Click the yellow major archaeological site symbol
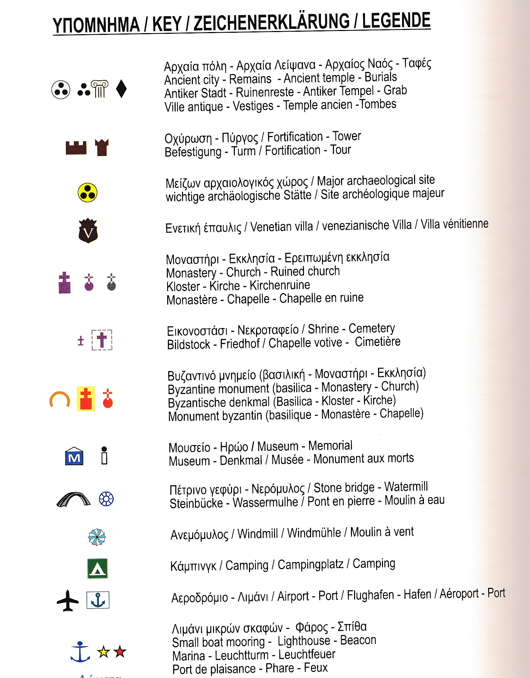pyautogui.click(x=87, y=192)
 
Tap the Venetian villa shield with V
pyautogui.click(x=88, y=230)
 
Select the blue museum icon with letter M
pyautogui.click(x=74, y=456)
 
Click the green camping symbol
pyautogui.click(x=97, y=568)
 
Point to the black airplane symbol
pyautogui.click(x=68, y=600)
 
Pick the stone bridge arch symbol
pyautogui.click(x=73, y=499)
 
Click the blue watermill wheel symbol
pyautogui.click(x=106, y=499)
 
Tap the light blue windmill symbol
pyautogui.click(x=97, y=537)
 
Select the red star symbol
pyautogui.click(x=120, y=652)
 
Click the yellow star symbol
pyautogui.click(x=104, y=652)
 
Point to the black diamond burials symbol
pyautogui.click(x=121, y=88)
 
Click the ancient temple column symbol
pyautogui.click(x=100, y=89)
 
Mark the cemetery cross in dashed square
pyautogui.click(x=102, y=340)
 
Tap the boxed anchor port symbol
pyautogui.click(x=98, y=600)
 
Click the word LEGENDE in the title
pyautogui.click(x=396, y=21)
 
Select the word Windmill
pyautogui.click(x=257, y=534)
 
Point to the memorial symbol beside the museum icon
pyautogui.click(x=104, y=456)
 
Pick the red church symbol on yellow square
pyautogui.click(x=86, y=399)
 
